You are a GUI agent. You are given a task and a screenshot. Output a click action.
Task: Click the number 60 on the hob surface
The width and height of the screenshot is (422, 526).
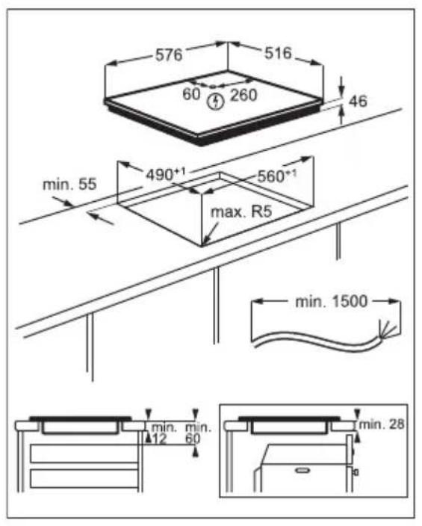[192, 96]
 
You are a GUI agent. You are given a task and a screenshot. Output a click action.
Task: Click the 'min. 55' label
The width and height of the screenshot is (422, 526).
[69, 184]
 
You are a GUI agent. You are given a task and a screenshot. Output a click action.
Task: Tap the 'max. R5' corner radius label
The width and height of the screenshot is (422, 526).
[240, 213]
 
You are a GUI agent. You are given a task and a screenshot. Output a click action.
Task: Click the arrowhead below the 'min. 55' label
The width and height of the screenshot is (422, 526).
[93, 215]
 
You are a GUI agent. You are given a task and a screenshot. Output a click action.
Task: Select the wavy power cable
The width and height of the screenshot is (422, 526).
[314, 341]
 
